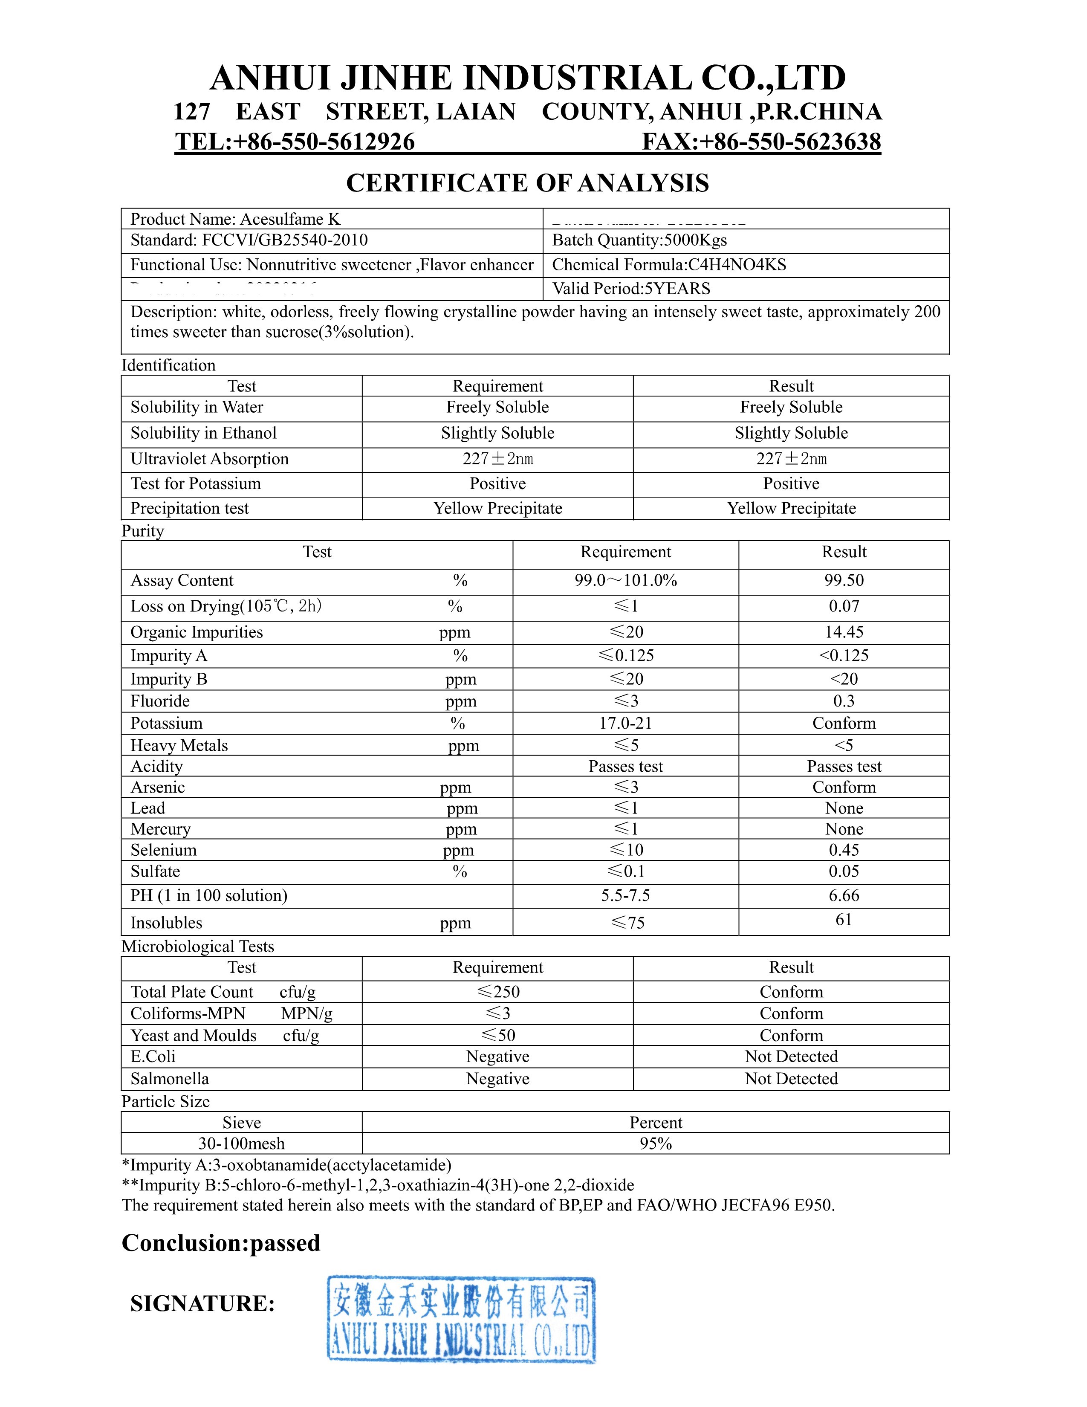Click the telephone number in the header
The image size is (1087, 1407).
pyautogui.click(x=295, y=142)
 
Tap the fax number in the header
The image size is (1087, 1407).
pyautogui.click(x=761, y=142)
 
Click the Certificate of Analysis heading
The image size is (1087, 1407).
pyautogui.click(x=527, y=183)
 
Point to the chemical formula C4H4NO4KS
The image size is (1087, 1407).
pyautogui.click(x=669, y=265)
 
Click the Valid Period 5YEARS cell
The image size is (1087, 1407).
pyautogui.click(x=631, y=289)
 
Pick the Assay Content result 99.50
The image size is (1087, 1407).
pyautogui.click(x=844, y=580)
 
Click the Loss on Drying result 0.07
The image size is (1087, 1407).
pyautogui.click(x=844, y=606)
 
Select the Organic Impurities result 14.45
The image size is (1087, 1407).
pyautogui.click(x=844, y=632)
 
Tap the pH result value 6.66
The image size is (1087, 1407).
pyautogui.click(x=844, y=895)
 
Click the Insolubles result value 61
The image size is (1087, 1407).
pyautogui.click(x=844, y=920)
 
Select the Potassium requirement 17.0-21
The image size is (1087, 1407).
pyautogui.click(x=625, y=724)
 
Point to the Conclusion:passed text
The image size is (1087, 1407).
pyautogui.click(x=221, y=1243)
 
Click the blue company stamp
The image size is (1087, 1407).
pyautogui.click(x=461, y=1319)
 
